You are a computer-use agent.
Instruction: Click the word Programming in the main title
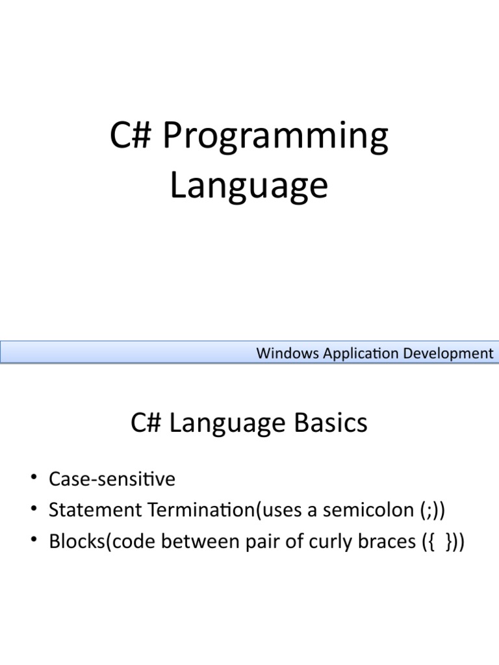click(x=275, y=136)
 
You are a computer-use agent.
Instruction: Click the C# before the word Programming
click(x=130, y=135)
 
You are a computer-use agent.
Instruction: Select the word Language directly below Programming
click(x=249, y=186)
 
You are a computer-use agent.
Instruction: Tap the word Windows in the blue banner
click(x=287, y=353)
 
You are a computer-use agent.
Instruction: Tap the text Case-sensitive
click(x=112, y=479)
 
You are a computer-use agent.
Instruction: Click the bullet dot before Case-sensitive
click(x=34, y=477)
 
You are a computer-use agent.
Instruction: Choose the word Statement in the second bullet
click(x=95, y=510)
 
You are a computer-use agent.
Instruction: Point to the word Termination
click(x=202, y=510)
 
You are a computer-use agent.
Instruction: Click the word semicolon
click(x=368, y=510)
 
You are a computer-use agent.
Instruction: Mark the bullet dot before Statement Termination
click(x=34, y=508)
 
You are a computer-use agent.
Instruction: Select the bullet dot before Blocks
click(x=34, y=539)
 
